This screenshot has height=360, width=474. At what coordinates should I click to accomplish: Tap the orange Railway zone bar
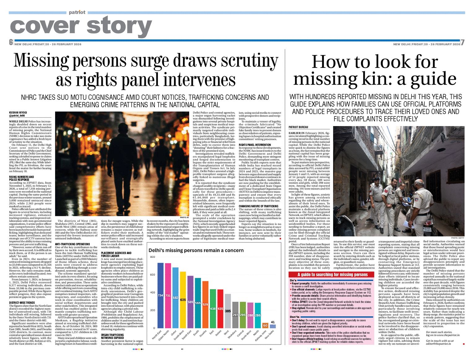click(x=265, y=325)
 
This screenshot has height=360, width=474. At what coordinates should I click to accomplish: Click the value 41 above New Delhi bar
click(x=272, y=322)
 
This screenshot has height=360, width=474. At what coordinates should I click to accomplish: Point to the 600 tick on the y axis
click(x=152, y=275)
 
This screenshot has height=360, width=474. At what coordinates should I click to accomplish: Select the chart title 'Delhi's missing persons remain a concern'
click(x=196, y=250)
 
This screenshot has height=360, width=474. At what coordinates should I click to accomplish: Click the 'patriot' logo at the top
click(x=77, y=12)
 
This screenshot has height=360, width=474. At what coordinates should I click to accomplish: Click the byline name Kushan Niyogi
click(x=18, y=112)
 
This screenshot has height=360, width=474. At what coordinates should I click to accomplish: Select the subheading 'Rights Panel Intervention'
click(x=254, y=145)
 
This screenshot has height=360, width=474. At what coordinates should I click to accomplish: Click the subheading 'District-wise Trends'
click(x=22, y=303)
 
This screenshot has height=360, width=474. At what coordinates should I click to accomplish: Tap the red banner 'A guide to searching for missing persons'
click(x=333, y=275)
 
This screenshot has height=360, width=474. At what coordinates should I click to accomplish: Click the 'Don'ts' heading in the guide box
click(x=294, y=317)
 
